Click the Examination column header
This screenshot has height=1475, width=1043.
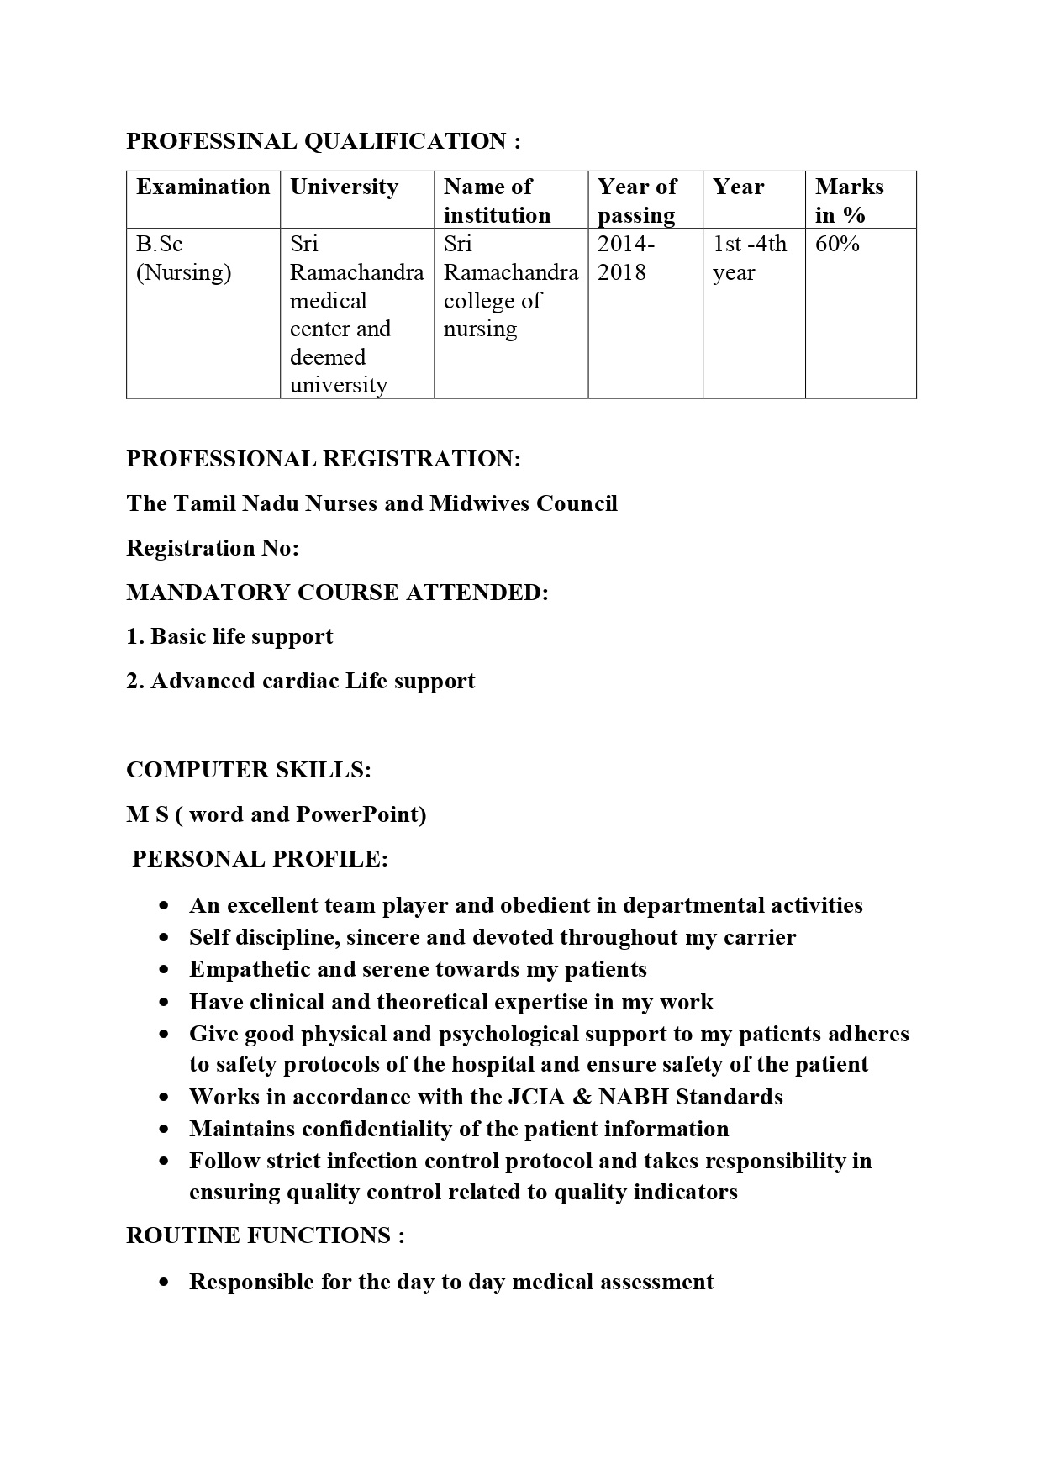click(x=203, y=187)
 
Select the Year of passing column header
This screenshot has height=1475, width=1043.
click(x=636, y=201)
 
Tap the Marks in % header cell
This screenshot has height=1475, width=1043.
click(x=849, y=201)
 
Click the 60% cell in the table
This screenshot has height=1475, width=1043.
click(x=837, y=245)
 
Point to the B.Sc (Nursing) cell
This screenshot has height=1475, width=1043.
click(x=183, y=258)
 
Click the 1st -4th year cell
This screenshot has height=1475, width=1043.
click(x=750, y=258)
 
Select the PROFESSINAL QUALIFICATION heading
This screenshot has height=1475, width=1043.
click(x=324, y=141)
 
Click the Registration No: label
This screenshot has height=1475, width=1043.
click(x=213, y=548)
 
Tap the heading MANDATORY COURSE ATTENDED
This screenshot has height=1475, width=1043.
click(x=337, y=593)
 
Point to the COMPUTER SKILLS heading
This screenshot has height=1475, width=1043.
click(x=249, y=770)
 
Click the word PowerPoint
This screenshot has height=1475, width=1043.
click(x=361, y=814)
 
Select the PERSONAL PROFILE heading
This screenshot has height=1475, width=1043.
click(x=261, y=859)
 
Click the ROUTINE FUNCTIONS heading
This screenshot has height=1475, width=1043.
click(x=266, y=1235)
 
